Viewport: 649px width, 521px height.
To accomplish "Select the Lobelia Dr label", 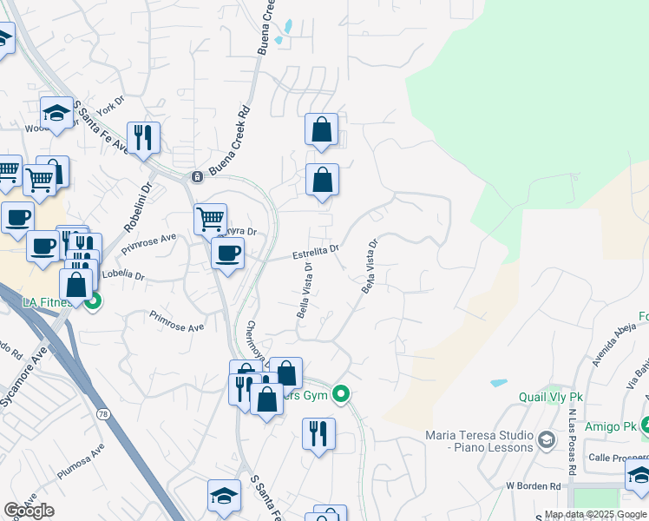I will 123,275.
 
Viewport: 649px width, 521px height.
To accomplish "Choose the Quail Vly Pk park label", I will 551,397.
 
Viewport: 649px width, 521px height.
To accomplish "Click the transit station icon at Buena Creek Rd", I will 198,176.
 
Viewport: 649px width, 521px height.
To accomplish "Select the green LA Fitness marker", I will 93,300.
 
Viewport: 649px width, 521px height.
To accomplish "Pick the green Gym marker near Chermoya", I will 342,393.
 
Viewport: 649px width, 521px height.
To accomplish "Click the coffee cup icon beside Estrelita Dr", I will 227,253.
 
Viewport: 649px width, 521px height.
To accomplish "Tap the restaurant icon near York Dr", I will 142,135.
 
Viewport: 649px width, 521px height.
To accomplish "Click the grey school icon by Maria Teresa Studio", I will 546,440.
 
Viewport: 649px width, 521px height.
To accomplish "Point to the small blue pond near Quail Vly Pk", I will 499,382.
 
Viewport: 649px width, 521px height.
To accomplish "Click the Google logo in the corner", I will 29,511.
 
